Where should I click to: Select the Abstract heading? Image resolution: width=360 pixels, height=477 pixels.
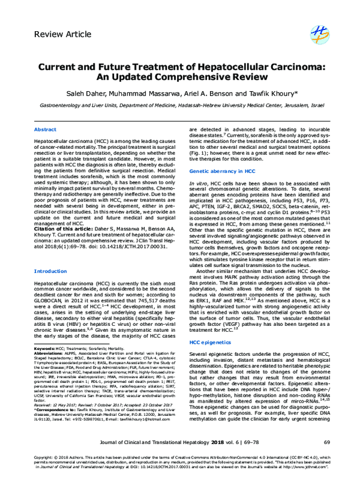(x=45, y=129)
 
